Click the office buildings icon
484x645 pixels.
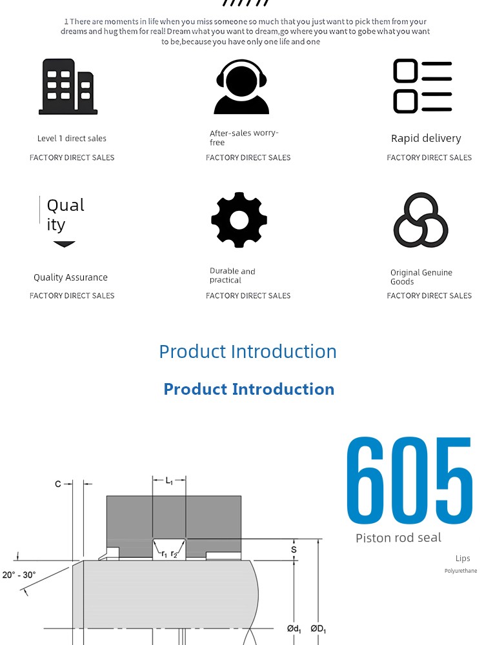click(x=68, y=86)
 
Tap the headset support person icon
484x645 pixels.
click(x=241, y=87)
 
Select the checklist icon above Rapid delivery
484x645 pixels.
click(x=423, y=86)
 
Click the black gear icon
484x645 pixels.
click(x=239, y=220)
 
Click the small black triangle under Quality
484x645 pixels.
click(x=64, y=244)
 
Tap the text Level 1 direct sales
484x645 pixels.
click(x=72, y=139)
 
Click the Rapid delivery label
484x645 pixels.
click(x=426, y=139)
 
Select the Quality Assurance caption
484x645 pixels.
click(x=70, y=277)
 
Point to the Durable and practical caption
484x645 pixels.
click(x=232, y=275)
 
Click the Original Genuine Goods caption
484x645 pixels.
click(x=421, y=277)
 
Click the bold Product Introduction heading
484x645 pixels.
click(x=249, y=389)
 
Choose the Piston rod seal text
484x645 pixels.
click(x=398, y=538)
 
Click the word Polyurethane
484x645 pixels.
click(x=461, y=571)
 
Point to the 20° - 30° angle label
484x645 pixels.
click(x=19, y=575)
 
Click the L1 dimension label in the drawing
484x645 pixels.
click(x=169, y=481)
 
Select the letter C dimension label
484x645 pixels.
click(x=58, y=484)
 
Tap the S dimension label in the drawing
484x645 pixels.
click(x=294, y=550)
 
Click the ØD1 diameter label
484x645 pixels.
click(x=318, y=629)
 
